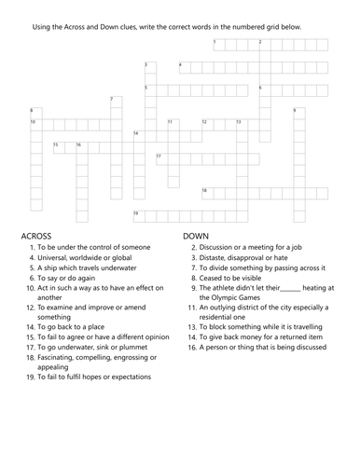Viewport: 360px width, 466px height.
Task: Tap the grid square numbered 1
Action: point(219,44)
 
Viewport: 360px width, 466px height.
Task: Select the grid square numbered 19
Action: point(139,215)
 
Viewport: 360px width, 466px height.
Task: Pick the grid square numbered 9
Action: point(298,113)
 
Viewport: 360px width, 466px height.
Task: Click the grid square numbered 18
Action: point(207,192)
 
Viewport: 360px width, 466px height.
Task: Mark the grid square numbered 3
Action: point(150,67)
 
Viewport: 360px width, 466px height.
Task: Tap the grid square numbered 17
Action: point(161,158)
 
